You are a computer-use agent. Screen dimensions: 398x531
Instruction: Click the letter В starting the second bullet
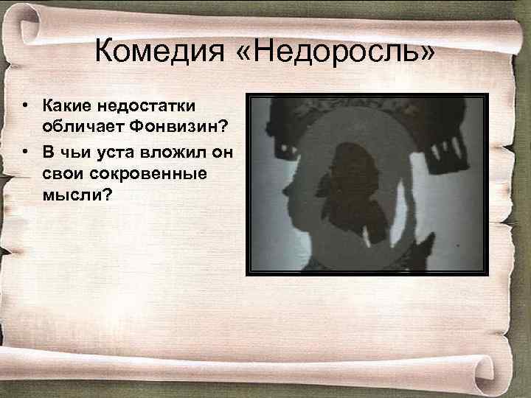pyautogui.click(x=47, y=151)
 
